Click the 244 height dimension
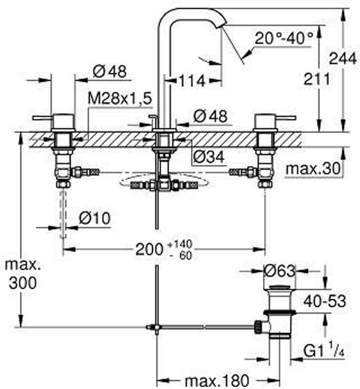point(343,59)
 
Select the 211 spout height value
point(317,79)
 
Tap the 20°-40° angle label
point(284,38)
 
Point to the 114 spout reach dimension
point(192,81)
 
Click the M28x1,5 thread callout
point(120,99)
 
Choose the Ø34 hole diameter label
point(209,157)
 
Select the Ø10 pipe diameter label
point(95,219)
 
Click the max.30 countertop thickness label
point(313,169)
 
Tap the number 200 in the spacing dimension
point(149,249)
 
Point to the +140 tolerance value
point(180,244)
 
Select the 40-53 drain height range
point(325,302)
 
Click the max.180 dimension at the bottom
point(217,380)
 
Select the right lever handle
point(284,118)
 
